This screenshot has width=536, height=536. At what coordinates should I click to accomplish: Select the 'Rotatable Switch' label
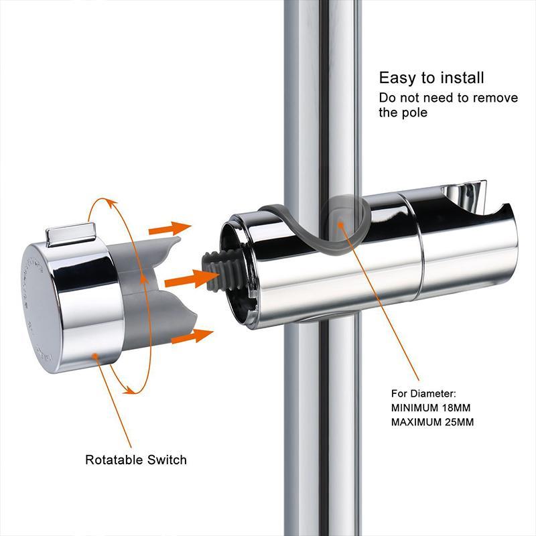[136, 460]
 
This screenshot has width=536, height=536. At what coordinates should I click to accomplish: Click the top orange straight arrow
[168, 228]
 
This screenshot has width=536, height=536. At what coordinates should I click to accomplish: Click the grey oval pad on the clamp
[339, 220]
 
